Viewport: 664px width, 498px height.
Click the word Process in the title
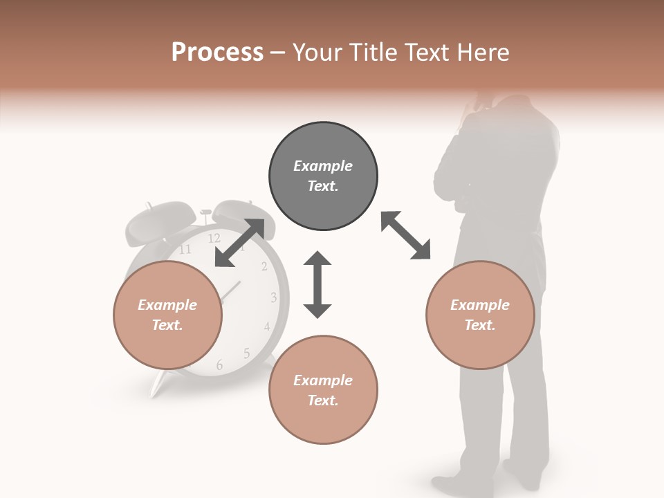(x=217, y=53)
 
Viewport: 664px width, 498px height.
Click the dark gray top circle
(x=323, y=176)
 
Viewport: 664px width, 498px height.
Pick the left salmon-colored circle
(x=167, y=315)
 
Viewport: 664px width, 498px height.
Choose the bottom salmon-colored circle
(x=323, y=390)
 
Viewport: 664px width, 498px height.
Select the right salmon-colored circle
(x=480, y=315)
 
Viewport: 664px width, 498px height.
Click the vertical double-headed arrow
(x=317, y=284)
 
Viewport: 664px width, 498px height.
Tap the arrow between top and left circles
(x=240, y=242)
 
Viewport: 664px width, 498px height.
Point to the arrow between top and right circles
(x=406, y=235)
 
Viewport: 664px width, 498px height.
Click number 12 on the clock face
(x=214, y=239)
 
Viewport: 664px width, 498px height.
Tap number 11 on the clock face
(x=185, y=250)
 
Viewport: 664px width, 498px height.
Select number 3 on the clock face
(x=274, y=298)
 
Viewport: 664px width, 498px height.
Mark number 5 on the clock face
(x=247, y=353)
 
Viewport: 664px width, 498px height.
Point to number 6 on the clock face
(x=219, y=365)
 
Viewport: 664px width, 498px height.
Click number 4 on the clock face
(x=267, y=326)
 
